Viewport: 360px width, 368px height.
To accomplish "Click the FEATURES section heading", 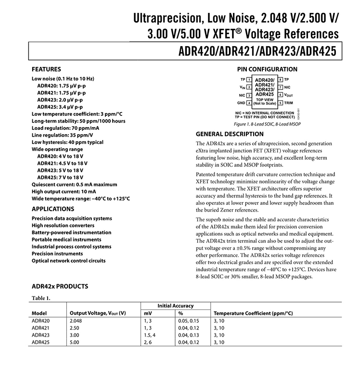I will (x=46, y=69).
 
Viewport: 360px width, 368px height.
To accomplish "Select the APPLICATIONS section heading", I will (x=53, y=209).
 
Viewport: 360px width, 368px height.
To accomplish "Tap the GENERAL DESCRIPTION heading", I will (x=230, y=134).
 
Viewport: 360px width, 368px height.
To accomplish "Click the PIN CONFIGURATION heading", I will (x=268, y=69).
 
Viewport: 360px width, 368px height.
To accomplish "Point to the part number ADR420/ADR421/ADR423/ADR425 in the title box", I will (x=257, y=51).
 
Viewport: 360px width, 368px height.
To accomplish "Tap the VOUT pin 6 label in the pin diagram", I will (x=288, y=95).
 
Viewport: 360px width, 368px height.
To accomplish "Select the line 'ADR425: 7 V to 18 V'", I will (x=60, y=178).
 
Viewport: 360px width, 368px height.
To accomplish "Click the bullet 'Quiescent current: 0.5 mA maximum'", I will (x=74, y=184).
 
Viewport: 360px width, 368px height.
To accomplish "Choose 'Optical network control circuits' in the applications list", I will (x=68, y=261).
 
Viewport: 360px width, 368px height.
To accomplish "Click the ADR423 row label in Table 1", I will (x=41, y=335).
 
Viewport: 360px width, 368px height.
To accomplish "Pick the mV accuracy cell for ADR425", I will (x=148, y=342).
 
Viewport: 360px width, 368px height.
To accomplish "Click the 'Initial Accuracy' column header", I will (x=175, y=306).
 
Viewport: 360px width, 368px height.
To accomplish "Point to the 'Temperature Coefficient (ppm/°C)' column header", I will (x=253, y=313).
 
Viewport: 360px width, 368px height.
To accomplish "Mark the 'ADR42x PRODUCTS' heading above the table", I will (x=60, y=286).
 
